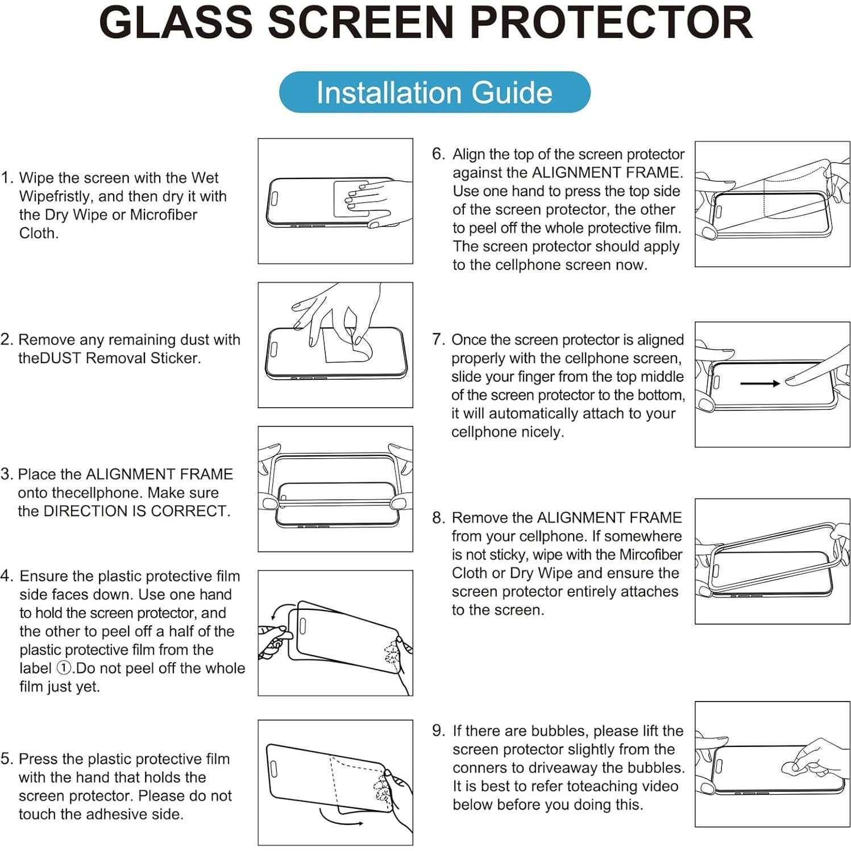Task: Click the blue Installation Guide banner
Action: tap(434, 92)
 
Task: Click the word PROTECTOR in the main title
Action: tap(611, 23)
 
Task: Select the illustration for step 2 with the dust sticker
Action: tap(335, 344)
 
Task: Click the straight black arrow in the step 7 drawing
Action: tap(759, 384)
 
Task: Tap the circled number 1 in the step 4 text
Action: tap(64, 668)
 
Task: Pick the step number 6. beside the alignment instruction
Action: tap(438, 154)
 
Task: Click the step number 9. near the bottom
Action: tap(438, 730)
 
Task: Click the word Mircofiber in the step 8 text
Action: tap(651, 554)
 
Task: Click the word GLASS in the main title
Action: tap(175, 23)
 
